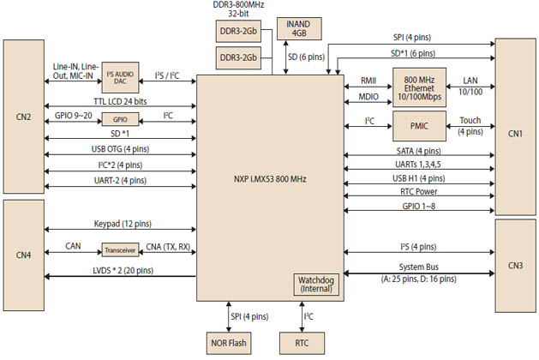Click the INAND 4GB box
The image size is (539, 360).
299,27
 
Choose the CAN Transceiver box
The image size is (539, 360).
118,249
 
